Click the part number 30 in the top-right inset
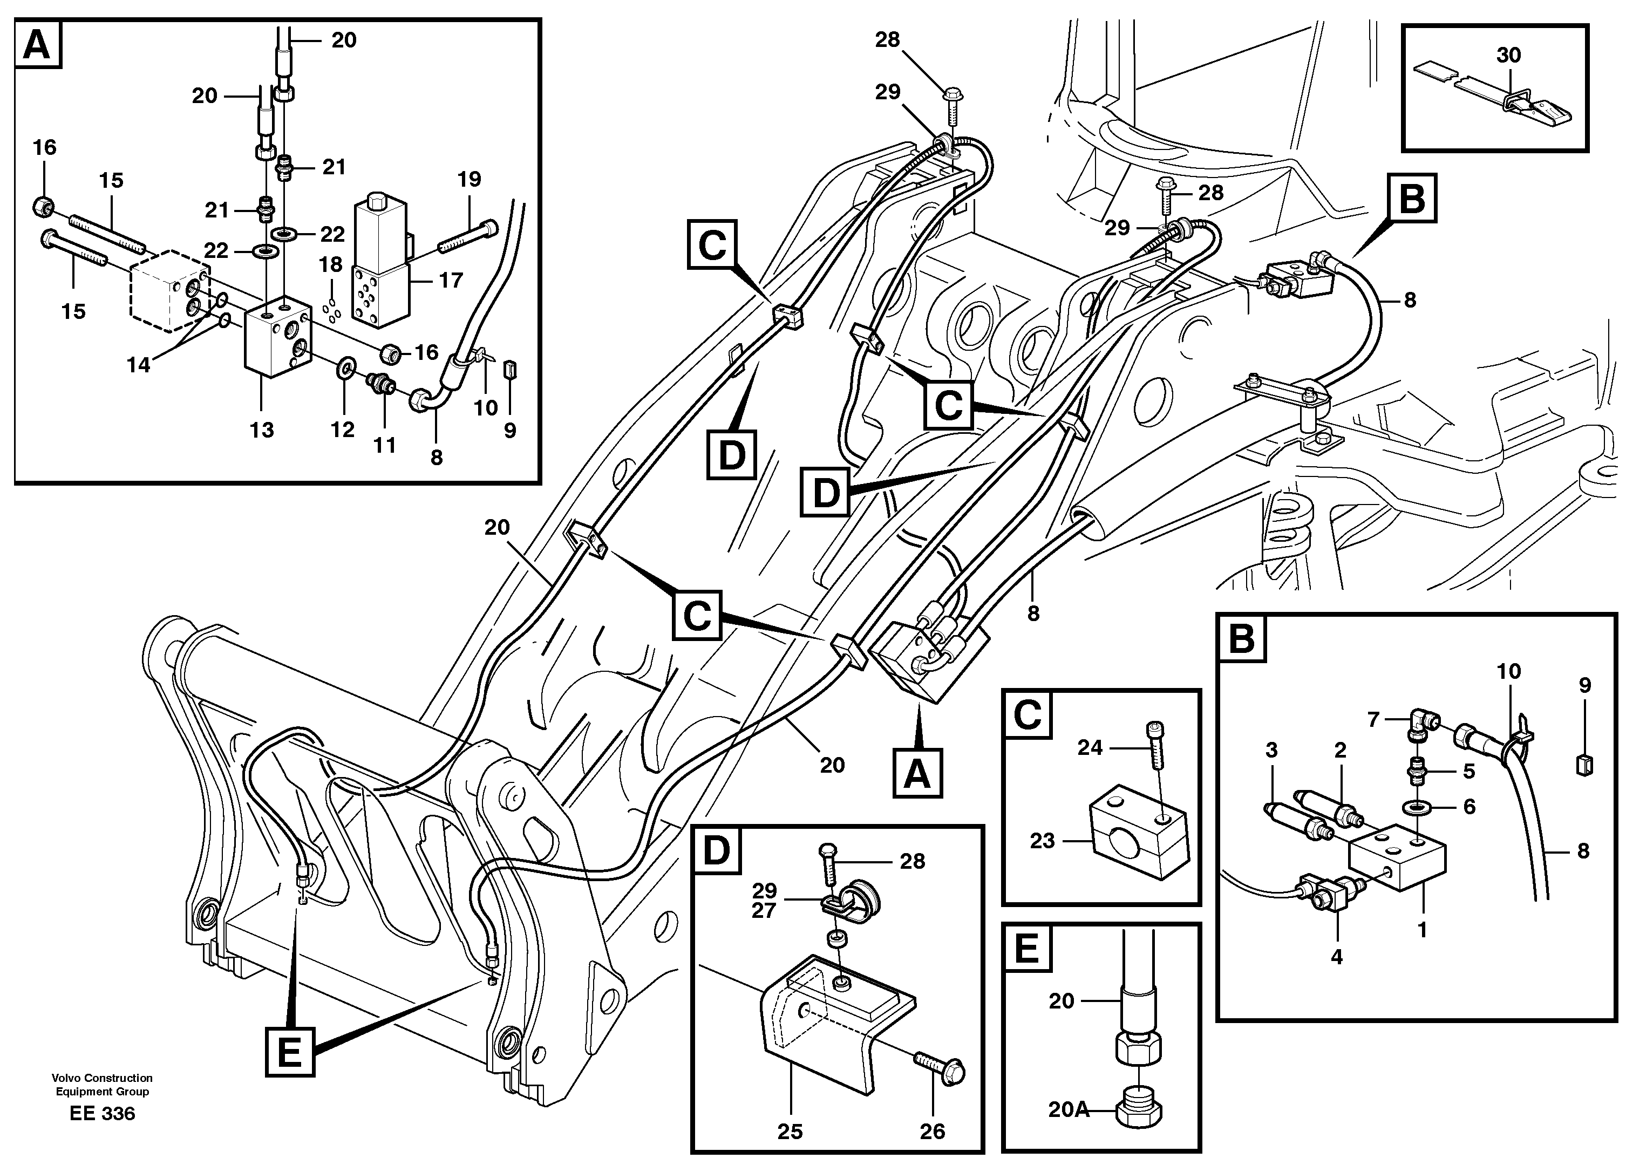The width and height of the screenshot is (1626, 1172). coord(1508,55)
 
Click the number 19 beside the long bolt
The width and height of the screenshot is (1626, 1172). coord(469,179)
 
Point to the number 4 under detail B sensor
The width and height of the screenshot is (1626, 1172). coord(1336,956)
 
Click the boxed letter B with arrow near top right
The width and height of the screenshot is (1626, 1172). coord(1412,198)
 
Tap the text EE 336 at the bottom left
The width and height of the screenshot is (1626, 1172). coord(103,1113)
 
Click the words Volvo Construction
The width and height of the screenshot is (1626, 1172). coord(102,1078)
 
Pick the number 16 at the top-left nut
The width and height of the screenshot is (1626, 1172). coord(44,148)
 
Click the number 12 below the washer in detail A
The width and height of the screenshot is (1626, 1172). coord(342,430)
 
